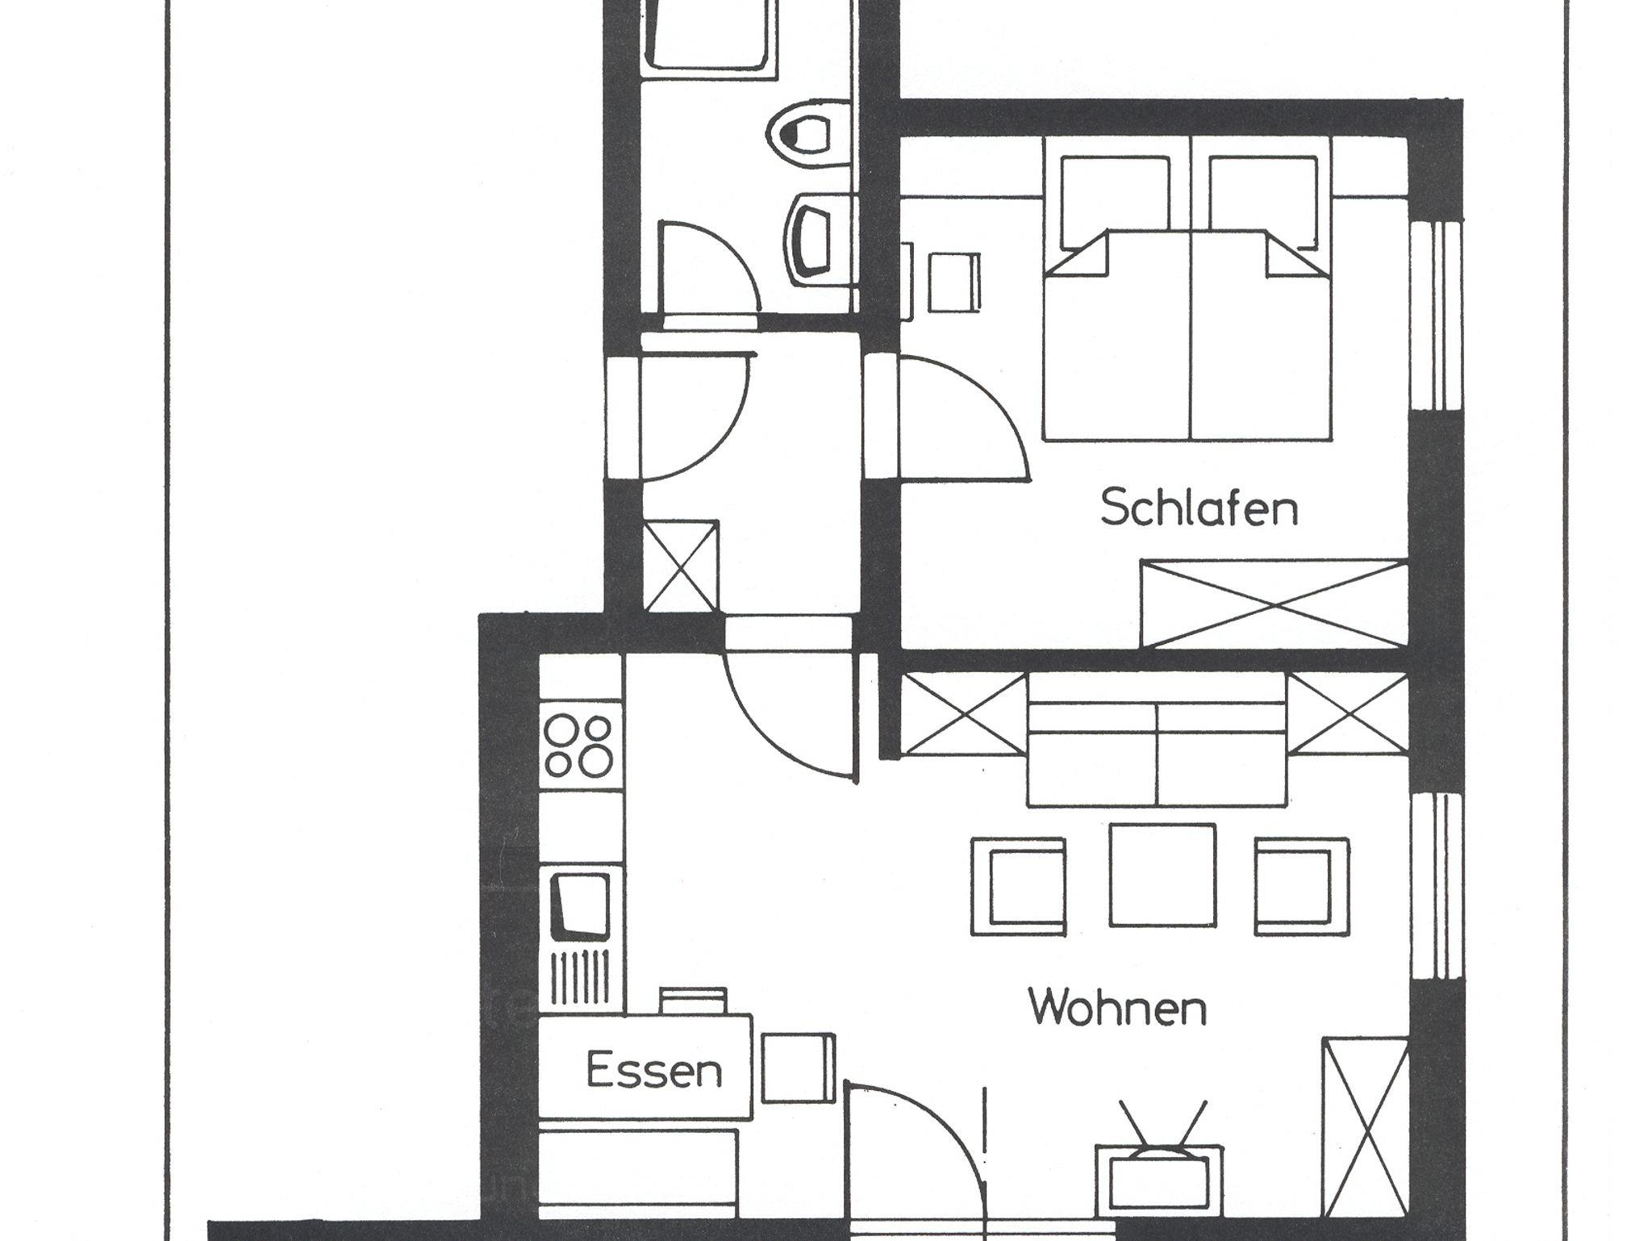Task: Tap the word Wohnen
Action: pyautogui.click(x=1117, y=1008)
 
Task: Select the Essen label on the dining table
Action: pyautogui.click(x=653, y=1072)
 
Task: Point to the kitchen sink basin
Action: pyautogui.click(x=579, y=907)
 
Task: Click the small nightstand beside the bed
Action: pyautogui.click(x=953, y=282)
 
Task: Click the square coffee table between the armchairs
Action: pyautogui.click(x=1162, y=875)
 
